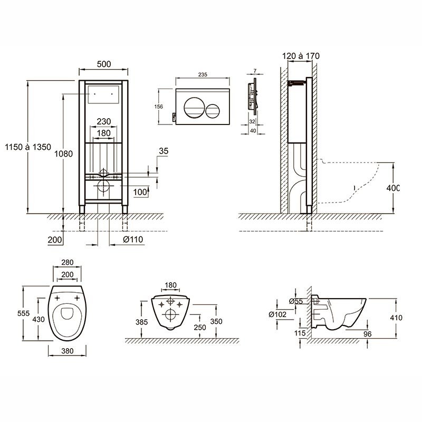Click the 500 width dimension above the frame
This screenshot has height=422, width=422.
pyautogui.click(x=103, y=64)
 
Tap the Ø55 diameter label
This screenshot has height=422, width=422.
pyautogui.click(x=295, y=301)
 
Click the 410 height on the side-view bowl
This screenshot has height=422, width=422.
pyautogui.click(x=397, y=318)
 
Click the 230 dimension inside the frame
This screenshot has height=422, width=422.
pyautogui.click(x=103, y=121)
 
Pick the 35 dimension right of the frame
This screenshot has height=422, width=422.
pyautogui.click(x=163, y=151)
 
